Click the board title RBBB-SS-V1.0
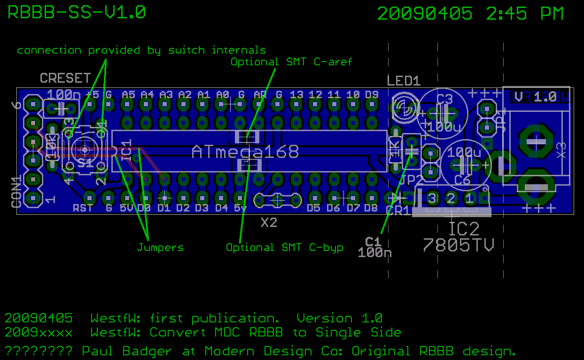pyautogui.click(x=77, y=13)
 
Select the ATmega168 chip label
pyautogui.click(x=245, y=151)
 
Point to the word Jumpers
pyautogui.click(x=160, y=247)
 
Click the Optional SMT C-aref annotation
pyautogui.click(x=291, y=62)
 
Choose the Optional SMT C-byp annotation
pyautogui.click(x=284, y=247)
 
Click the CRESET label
pyautogui.click(x=65, y=78)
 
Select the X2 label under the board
pyautogui.click(x=269, y=223)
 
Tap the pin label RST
pyautogui.click(x=82, y=208)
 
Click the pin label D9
pyautogui.click(x=371, y=94)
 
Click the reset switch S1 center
pyautogui.click(x=85, y=150)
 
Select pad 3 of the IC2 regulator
pyautogui.click(x=432, y=197)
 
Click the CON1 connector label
pyautogui.click(x=16, y=192)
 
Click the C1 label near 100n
pyautogui.click(x=373, y=242)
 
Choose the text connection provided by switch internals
pyautogui.click(x=141, y=50)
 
